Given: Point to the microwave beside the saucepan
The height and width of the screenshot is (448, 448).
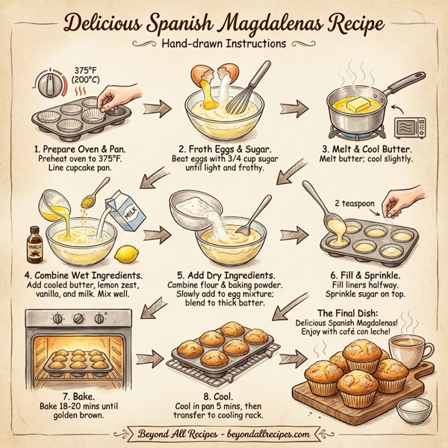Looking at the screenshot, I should [x=408, y=128].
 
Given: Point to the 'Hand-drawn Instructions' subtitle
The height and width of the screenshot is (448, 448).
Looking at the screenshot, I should [x=223, y=43].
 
